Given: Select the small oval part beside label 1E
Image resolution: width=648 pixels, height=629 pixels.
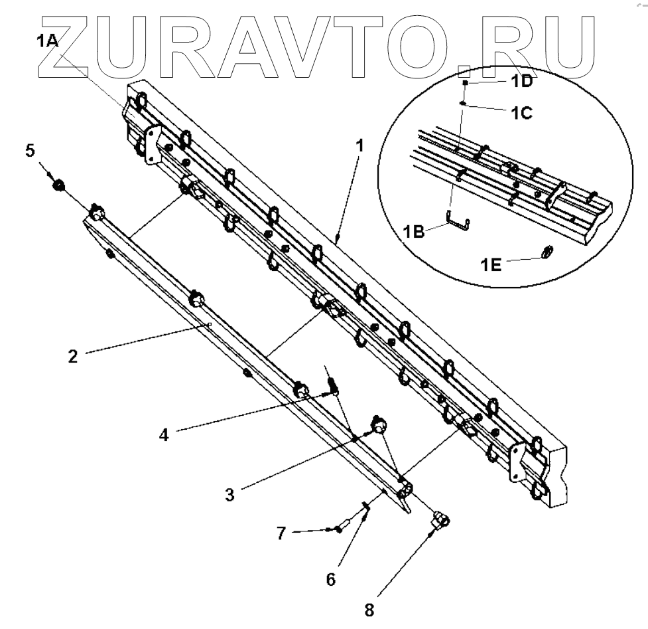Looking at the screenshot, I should click(x=548, y=252).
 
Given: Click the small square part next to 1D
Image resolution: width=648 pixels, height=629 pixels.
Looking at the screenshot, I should click(x=467, y=83).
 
